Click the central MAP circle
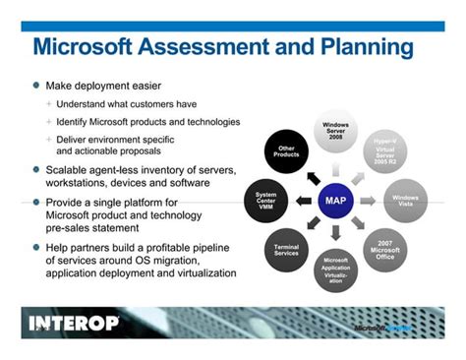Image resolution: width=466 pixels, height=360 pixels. [x=335, y=202]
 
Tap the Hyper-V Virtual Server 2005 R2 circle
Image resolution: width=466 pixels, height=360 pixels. [x=384, y=153]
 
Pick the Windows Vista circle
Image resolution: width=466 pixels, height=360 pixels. [x=404, y=201]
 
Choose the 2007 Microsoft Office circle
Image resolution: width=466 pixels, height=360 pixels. [x=384, y=249]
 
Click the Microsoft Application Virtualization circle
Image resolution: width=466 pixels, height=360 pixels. [x=335, y=269]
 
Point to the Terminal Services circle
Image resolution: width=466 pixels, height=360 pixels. [x=286, y=249]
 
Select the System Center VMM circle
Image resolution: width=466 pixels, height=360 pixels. [x=265, y=201]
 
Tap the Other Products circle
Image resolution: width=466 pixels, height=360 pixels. [x=286, y=153]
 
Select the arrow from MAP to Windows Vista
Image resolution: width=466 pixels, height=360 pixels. [x=369, y=201]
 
